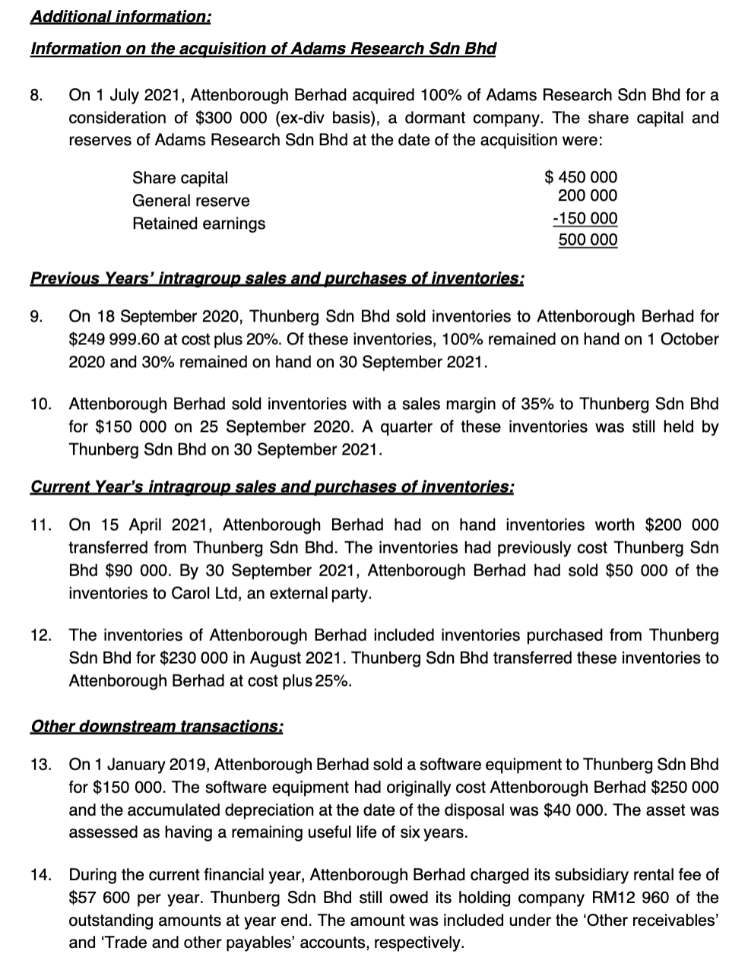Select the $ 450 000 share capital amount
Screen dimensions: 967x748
click(582, 178)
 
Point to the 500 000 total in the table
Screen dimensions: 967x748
click(588, 240)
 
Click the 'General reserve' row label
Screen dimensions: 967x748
click(191, 201)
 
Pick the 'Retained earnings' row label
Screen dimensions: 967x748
click(199, 224)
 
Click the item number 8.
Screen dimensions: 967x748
click(36, 96)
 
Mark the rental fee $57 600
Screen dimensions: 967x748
click(100, 898)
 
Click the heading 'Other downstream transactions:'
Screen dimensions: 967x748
click(157, 726)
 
